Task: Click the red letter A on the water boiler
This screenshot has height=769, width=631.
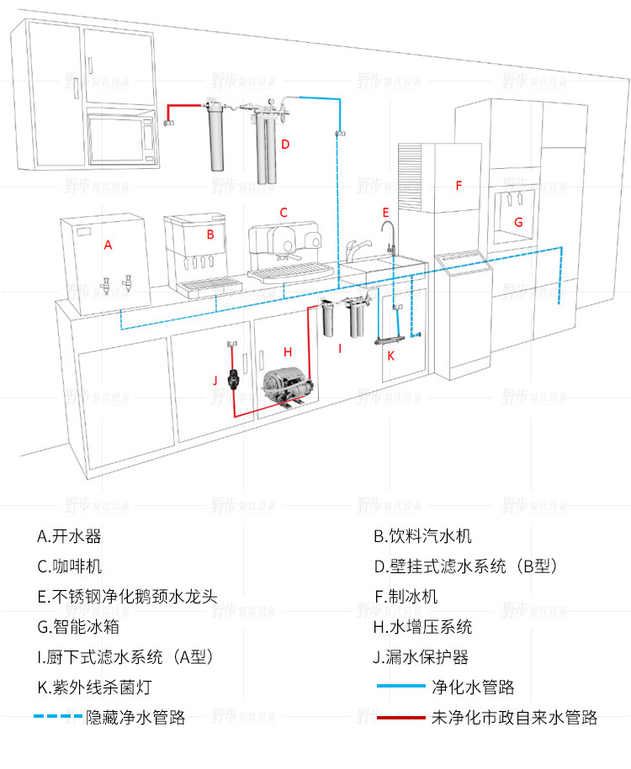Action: coord(107,245)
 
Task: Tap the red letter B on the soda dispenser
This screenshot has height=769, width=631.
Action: coord(210,234)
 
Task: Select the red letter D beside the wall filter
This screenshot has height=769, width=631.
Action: coord(285,145)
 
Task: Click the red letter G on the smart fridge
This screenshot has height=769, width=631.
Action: coord(518,223)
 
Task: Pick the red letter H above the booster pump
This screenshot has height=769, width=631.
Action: coord(287,352)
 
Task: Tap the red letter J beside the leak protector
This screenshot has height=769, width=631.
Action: coord(215,381)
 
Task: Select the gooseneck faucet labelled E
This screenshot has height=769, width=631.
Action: coord(390,240)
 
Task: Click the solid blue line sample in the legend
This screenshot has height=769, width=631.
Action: coord(401,687)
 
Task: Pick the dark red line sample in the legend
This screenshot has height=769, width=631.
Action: coord(401,718)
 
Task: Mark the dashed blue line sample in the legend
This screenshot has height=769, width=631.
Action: coord(58,718)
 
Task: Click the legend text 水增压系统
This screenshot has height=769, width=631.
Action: coord(429,627)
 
